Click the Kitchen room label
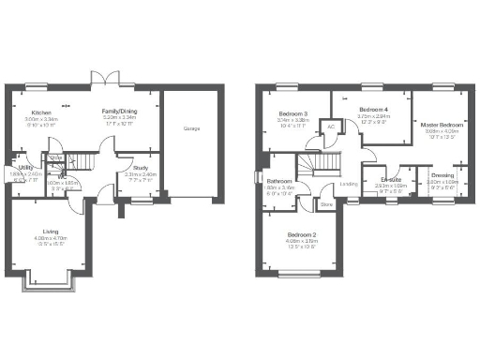(39, 112)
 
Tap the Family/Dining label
(119, 112)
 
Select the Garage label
(191, 127)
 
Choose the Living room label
(51, 231)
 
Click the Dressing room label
(442, 174)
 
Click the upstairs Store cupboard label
(327, 203)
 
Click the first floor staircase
(328, 165)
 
